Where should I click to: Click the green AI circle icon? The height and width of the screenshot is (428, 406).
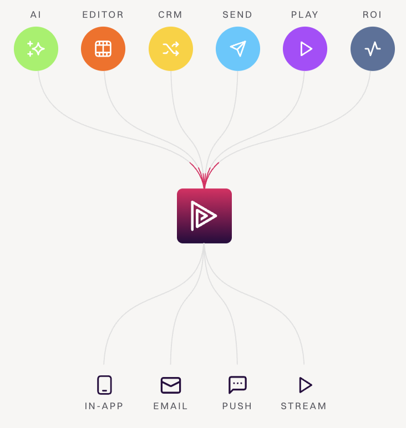(36, 49)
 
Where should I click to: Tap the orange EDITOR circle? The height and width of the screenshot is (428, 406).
(103, 49)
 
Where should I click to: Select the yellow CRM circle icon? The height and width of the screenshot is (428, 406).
(171, 49)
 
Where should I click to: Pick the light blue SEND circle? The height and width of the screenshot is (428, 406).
(238, 49)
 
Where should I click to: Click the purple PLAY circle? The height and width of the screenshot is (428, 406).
(305, 49)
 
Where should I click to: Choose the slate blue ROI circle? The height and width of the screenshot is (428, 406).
(373, 49)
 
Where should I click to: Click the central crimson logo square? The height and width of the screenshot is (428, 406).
(204, 216)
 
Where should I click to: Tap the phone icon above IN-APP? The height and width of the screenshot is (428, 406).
(104, 385)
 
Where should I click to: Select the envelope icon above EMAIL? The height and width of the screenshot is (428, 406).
(171, 385)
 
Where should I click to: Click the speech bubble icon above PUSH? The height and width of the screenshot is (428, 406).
(237, 385)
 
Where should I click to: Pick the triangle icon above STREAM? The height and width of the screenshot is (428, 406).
(304, 385)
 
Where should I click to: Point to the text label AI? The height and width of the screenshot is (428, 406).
(36, 14)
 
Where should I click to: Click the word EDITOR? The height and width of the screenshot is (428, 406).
(103, 14)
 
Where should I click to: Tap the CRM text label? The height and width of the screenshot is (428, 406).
(171, 14)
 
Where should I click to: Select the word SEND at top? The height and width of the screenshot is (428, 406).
(238, 14)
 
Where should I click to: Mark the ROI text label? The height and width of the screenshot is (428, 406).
(373, 14)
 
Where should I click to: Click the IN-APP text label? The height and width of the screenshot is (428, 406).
(104, 406)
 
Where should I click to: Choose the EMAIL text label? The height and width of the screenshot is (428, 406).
(171, 406)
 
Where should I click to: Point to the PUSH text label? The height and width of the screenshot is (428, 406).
(237, 406)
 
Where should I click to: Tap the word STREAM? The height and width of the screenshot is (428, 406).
(304, 406)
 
